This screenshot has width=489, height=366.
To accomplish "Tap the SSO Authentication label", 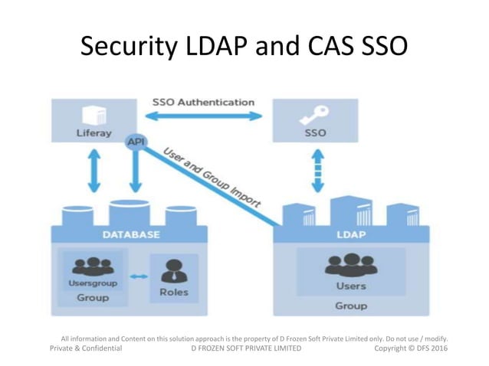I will pos(203,102).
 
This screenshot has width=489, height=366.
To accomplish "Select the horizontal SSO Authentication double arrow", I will pos(203,116).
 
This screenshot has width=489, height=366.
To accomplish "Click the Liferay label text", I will pos(94,133).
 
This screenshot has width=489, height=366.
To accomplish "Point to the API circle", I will pos(136,142).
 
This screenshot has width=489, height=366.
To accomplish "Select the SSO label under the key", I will pos(315,132).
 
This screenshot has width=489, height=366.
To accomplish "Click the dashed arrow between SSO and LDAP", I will pos(315,170).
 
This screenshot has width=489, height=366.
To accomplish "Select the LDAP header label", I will pos(350,234).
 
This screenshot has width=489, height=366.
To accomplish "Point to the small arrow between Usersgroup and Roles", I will pos(139,276).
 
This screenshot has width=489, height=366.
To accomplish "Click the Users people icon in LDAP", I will pos(350,265).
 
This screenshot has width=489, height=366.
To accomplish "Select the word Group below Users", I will pos(350,306).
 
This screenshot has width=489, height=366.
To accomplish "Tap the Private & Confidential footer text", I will pos(86,348).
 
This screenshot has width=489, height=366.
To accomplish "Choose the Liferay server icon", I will pos(94,114).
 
